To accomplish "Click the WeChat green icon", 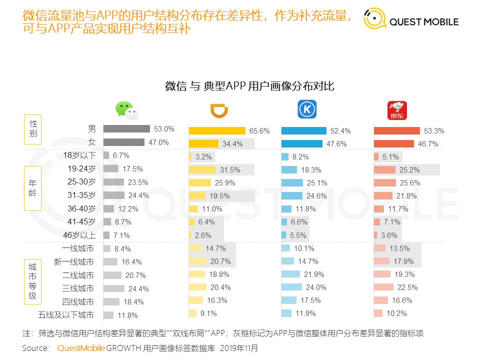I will (x=126, y=110).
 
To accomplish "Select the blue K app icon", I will (x=307, y=110).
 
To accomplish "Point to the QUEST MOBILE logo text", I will (x=424, y=22).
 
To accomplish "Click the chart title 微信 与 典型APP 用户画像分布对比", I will (x=249, y=86).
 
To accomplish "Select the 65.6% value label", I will (x=259, y=131).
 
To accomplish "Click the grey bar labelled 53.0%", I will (x=126, y=129).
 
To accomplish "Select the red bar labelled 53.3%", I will (x=397, y=131).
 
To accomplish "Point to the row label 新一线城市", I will (x=73, y=262).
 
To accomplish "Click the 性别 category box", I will (x=33, y=129).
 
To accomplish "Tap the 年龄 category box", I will (x=33, y=188).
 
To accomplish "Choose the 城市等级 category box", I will (x=33, y=281).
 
